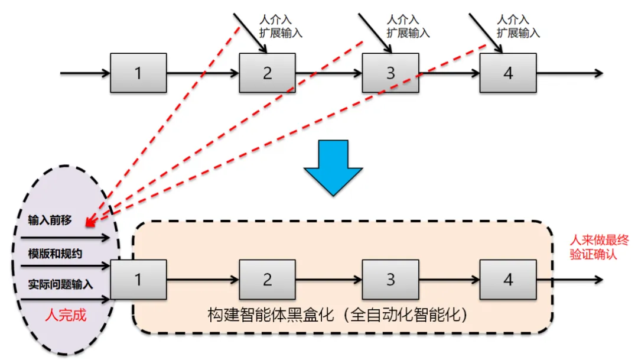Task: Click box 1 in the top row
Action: (138, 73)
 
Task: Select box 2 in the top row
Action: (268, 73)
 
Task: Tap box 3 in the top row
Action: (390, 73)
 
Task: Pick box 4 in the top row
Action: (508, 73)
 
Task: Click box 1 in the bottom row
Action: (138, 280)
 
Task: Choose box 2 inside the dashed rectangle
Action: (268, 280)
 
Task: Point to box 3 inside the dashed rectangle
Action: (390, 280)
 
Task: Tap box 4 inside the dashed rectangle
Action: (508, 280)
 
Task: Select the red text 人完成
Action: (66, 315)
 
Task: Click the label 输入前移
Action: (50, 220)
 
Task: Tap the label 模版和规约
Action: (55, 254)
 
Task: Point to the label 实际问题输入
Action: (60, 284)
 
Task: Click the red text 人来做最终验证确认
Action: (599, 247)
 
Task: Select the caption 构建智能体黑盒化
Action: (271, 315)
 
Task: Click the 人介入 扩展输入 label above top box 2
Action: (281, 26)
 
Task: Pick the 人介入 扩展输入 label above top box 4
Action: (519, 26)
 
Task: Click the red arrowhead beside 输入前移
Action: (91, 221)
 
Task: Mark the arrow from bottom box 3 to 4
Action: (449, 280)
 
